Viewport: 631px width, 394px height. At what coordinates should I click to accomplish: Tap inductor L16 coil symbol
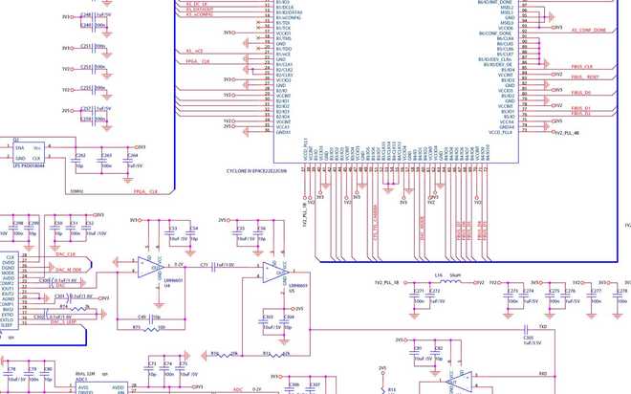[x=441, y=282]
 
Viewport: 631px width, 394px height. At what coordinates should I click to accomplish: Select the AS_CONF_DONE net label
[x=589, y=30]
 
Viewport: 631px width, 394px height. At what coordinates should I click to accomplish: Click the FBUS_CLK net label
[x=582, y=67]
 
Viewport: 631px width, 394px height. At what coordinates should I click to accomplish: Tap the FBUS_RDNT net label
[x=585, y=77]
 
